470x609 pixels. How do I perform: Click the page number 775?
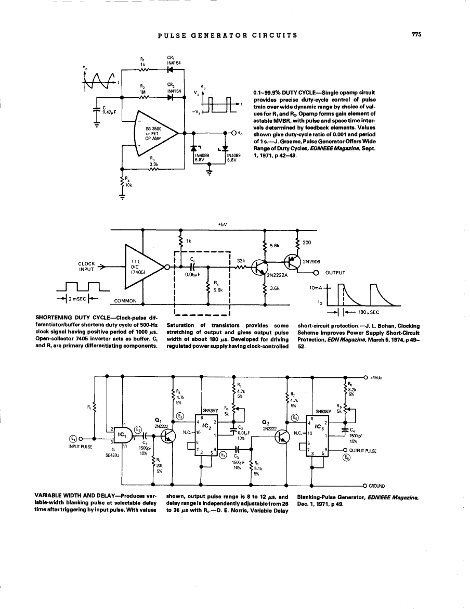click(415, 35)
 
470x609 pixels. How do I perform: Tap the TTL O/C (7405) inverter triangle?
click(142, 268)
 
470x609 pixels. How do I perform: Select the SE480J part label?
click(113, 454)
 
